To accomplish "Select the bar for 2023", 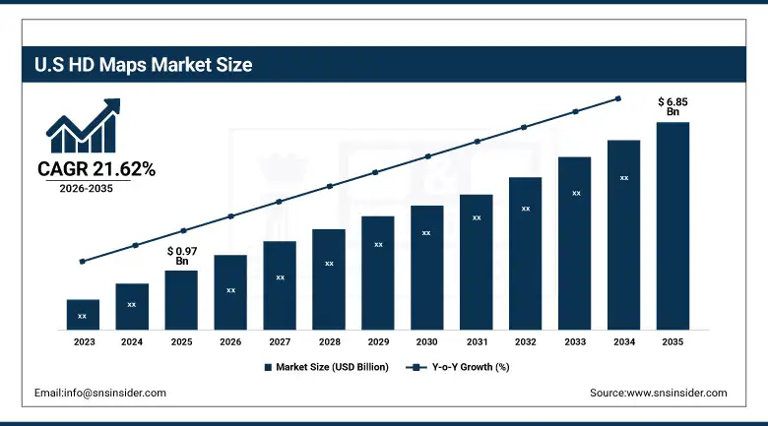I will pyautogui.click(x=83, y=314).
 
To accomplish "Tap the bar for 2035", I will pyautogui.click(x=672, y=225).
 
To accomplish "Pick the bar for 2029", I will pyautogui.click(x=377, y=273).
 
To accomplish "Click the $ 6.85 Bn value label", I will pyautogui.click(x=672, y=106).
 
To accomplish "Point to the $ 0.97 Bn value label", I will pyautogui.click(x=181, y=256).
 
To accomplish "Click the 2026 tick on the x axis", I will pyautogui.click(x=230, y=341).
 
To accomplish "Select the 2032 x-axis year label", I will pyautogui.click(x=525, y=341).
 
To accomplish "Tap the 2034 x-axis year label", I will pyautogui.click(x=623, y=341).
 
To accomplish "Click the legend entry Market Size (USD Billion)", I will pyautogui.click(x=326, y=367).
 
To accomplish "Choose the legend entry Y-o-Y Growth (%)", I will pyautogui.click(x=459, y=367).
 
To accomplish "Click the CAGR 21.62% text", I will pyautogui.click(x=96, y=169).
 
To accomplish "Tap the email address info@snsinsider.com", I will pyautogui.click(x=99, y=393).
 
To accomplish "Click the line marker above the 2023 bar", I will pyautogui.click(x=83, y=262).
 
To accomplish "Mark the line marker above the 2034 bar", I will pyautogui.click(x=618, y=98).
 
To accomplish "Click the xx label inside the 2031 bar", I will pyautogui.click(x=477, y=217).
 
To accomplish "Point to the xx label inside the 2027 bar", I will pyautogui.click(x=280, y=277).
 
